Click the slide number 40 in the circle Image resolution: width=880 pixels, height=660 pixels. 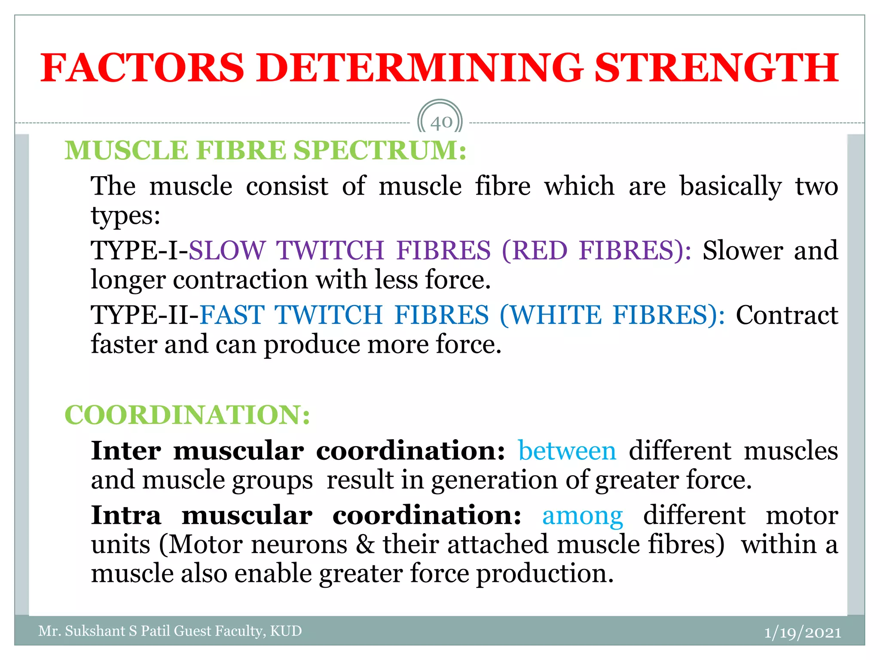click(x=441, y=122)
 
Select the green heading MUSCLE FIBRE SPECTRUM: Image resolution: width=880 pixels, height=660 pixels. click(x=266, y=150)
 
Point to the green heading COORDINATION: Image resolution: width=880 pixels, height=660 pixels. click(x=187, y=415)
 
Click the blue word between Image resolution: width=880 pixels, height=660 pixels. click(x=567, y=451)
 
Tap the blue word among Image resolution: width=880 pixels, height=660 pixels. click(x=582, y=515)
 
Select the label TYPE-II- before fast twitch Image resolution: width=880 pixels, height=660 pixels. click(x=145, y=315)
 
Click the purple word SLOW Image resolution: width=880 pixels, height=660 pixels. click(x=227, y=251)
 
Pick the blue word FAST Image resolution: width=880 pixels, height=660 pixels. click(x=232, y=315)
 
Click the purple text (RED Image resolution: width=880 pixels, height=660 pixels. click(x=534, y=251)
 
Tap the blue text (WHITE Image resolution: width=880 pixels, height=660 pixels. click(x=550, y=315)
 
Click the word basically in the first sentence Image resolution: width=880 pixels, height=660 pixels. click(x=730, y=186)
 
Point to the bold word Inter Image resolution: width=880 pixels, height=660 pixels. click(x=126, y=451)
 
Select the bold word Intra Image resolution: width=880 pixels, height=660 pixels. click(x=126, y=515)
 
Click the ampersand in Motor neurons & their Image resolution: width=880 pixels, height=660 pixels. click(x=365, y=545)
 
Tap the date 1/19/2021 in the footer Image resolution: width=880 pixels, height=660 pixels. click(x=802, y=632)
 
